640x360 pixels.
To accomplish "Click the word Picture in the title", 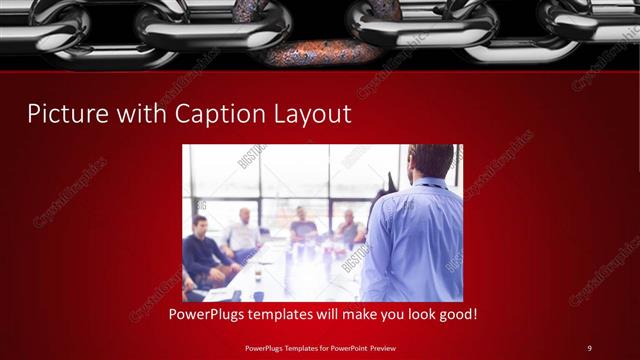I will pos(66,113).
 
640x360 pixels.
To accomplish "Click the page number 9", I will pos(589,347).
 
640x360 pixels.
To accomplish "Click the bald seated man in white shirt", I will pos(243,235).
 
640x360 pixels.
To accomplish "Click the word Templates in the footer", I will pos(300,347).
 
